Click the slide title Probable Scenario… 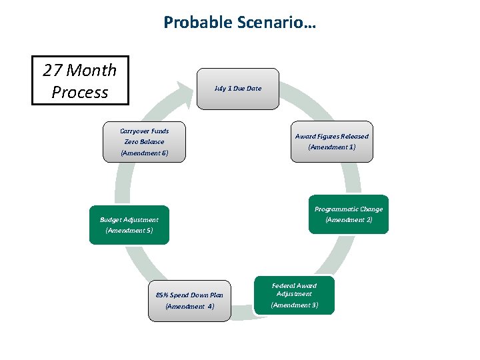(x=240, y=23)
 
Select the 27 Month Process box (x=80, y=81)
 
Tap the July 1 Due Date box (x=238, y=88)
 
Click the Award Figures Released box (x=331, y=141)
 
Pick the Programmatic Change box (x=348, y=214)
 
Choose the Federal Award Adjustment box (x=294, y=295)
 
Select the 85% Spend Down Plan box (x=189, y=300)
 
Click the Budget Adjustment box (x=129, y=225)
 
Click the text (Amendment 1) (x=331, y=147)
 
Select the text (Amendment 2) (x=349, y=220)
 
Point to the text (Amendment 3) (x=294, y=305)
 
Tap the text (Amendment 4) (x=189, y=307)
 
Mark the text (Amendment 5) (x=129, y=231)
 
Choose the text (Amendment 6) (x=145, y=153)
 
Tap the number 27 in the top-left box (x=53, y=70)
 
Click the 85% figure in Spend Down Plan (x=163, y=295)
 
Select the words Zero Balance (x=144, y=142)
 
